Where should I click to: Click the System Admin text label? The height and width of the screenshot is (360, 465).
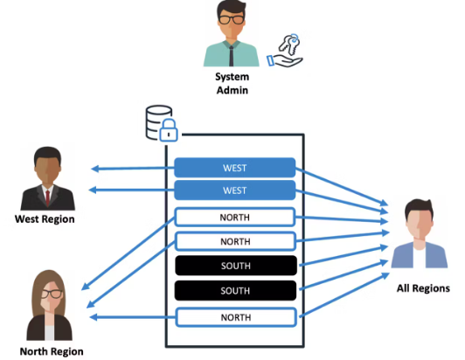pos(232,84)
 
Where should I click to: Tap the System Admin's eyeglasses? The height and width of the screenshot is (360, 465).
pos(232,20)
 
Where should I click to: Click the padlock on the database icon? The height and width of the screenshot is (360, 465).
pos(168,131)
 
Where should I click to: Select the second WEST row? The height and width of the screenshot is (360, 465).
pos(234,190)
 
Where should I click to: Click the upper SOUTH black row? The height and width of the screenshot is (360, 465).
pos(234,265)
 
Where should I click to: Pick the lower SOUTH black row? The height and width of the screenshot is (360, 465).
pos(234,290)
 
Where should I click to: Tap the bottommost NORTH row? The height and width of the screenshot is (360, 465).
pos(234,316)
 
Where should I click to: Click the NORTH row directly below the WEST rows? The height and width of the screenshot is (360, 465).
pos(234,216)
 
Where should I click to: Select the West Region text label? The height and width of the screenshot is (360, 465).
pos(44,219)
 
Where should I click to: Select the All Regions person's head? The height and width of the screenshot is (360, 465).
pos(420,218)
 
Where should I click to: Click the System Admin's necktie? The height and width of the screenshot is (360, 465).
pos(232,52)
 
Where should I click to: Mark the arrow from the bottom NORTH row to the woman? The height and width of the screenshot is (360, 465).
pos(131,317)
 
